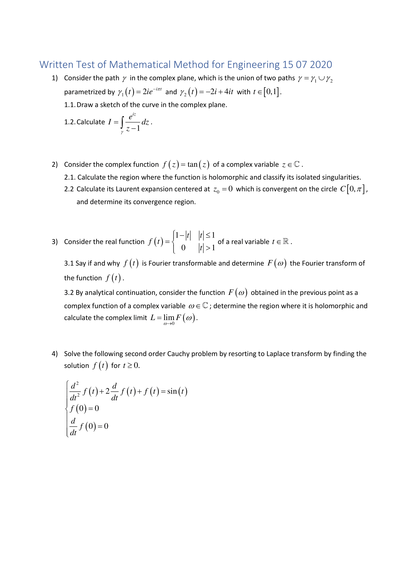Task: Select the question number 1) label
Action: pos(55,78)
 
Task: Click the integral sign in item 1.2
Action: pos(122,122)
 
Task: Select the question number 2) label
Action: pos(55,165)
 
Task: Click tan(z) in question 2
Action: pos(198,165)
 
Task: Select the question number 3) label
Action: pos(55,242)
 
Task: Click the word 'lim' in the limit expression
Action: pos(169,317)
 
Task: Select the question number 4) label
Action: pos(55,354)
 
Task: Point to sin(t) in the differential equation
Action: pos(177,391)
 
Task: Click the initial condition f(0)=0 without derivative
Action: pos(84,409)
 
